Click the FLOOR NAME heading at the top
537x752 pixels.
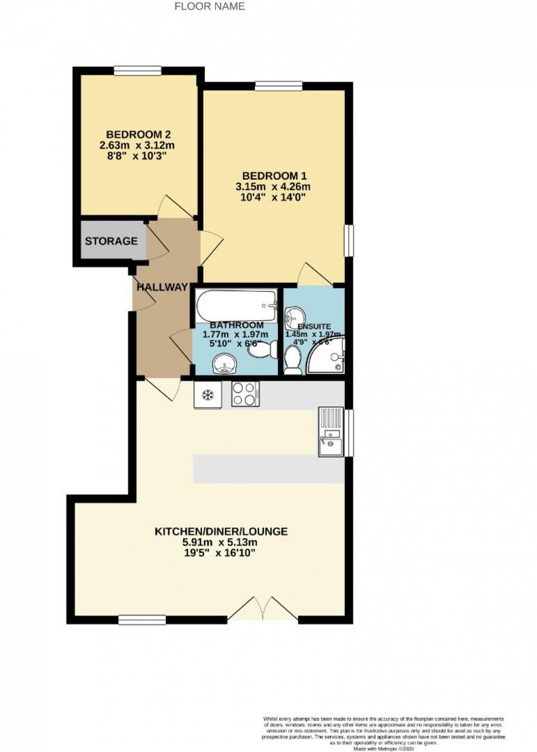tap(210, 7)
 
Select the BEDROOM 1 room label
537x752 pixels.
tap(274, 175)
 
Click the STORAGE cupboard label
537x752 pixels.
tap(111, 241)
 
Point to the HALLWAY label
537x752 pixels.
tap(162, 287)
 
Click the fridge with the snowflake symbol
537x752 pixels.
tap(207, 394)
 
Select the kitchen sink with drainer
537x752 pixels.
tap(331, 432)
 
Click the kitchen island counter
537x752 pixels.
tap(268, 469)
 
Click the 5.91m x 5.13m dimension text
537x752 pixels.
tap(221, 542)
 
